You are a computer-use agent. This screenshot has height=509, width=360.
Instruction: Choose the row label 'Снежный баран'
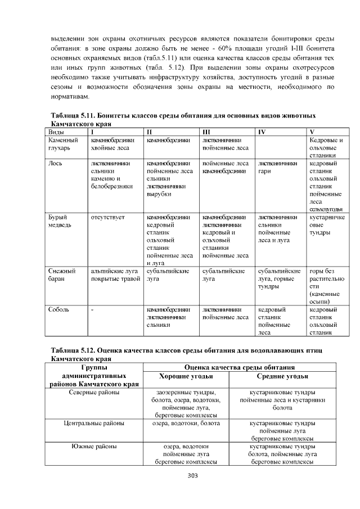coord(62,274)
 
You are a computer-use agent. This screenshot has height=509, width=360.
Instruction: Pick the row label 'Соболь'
coord(58,309)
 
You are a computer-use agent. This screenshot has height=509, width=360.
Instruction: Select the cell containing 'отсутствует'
coord(108,217)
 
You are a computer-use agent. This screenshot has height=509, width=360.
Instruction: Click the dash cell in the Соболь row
coord(93,309)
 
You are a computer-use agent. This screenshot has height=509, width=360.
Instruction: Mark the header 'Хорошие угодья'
coord(186,376)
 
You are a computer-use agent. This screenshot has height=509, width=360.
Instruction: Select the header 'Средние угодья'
coord(282,376)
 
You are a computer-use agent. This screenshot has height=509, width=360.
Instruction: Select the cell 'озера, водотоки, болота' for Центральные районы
coord(186,422)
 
